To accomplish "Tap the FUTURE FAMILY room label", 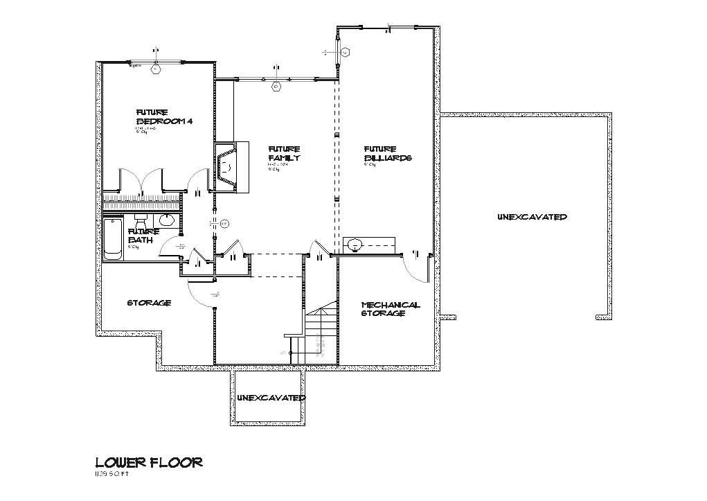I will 284,153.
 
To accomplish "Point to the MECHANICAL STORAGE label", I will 391,309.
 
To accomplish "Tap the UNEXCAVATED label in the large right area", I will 532,217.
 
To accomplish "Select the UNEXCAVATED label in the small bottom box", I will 270,398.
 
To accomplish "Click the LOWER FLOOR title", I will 148,462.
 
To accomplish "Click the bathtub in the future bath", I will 112,239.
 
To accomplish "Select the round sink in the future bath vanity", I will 167,220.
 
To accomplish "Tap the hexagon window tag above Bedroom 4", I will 156,68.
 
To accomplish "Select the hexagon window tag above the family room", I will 276,87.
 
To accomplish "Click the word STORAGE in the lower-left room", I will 148,303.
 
